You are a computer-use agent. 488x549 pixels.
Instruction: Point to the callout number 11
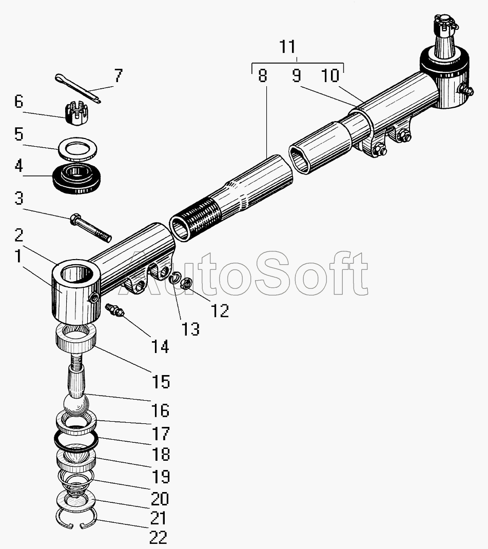pyautogui.click(x=288, y=47)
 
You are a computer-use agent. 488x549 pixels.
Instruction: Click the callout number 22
pyautogui.click(x=158, y=538)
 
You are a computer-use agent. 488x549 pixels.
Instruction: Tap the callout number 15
pyautogui.click(x=160, y=381)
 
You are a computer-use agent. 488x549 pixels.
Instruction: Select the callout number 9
pyautogui.click(x=296, y=76)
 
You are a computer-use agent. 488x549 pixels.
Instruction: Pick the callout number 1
pyautogui.click(x=19, y=256)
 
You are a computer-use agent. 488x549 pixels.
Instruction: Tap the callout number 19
pyautogui.click(x=161, y=476)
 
